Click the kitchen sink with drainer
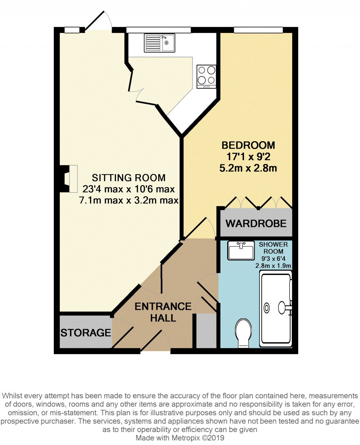point(159,43)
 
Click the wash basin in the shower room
point(241,250)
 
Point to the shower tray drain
point(267,308)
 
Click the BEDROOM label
point(248,145)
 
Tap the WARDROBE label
point(256,223)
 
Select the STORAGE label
point(85,333)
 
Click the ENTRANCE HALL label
point(163,312)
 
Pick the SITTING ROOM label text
point(129,178)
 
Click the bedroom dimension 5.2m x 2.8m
point(248,168)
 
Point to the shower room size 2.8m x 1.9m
point(273,266)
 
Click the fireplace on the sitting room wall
point(69,179)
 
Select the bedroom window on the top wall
point(258,30)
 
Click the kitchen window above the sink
point(159,30)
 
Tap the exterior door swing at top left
point(98,20)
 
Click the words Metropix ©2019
point(198,438)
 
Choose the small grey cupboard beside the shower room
point(206,331)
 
